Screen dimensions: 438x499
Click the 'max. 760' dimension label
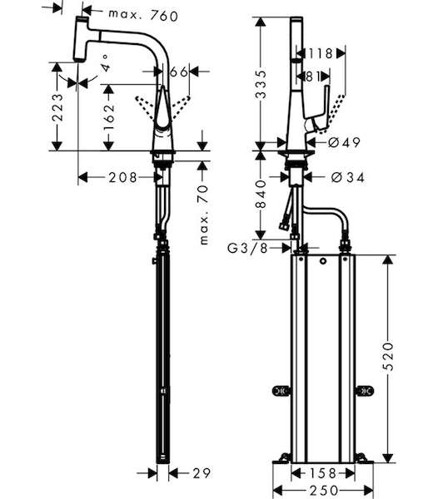(x=143, y=15)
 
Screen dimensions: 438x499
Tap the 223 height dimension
(x=57, y=107)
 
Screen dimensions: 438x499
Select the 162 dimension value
(x=108, y=116)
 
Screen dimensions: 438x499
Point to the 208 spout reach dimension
(x=122, y=178)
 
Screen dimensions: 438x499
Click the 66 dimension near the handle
(x=179, y=72)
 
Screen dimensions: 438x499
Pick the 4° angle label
(x=106, y=63)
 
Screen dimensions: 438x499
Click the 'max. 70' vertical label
(x=203, y=215)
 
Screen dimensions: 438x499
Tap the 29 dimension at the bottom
(x=202, y=473)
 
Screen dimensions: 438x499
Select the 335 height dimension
(x=261, y=84)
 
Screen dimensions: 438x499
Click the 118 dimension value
(x=320, y=53)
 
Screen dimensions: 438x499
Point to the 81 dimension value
(x=312, y=77)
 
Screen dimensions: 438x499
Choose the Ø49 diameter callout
(x=344, y=142)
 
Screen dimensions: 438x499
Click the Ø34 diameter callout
(x=347, y=177)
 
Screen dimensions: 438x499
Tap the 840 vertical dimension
(x=261, y=194)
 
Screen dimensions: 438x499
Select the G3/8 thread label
(x=248, y=248)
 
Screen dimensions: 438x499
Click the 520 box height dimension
(x=388, y=357)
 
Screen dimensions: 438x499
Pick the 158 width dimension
(x=323, y=473)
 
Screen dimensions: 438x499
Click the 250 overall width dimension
(x=323, y=490)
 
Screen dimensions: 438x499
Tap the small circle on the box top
(x=323, y=262)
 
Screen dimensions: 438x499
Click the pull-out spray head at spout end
(x=81, y=39)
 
